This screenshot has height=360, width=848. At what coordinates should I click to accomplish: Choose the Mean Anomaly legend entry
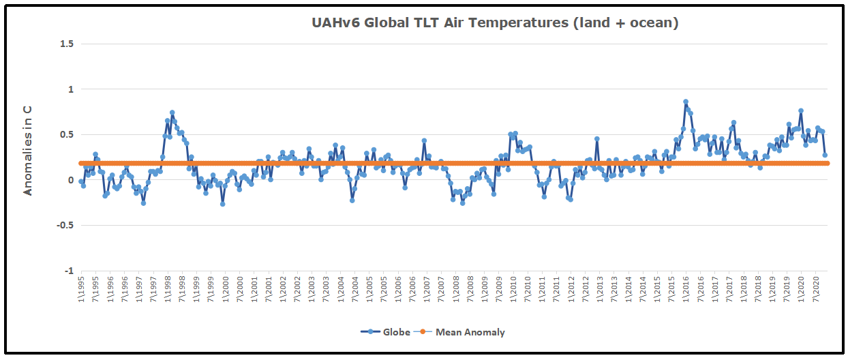tap(461, 333)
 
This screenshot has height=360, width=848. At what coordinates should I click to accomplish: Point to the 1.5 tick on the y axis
tap(67, 44)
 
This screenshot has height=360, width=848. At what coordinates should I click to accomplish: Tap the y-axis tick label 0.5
tap(67, 134)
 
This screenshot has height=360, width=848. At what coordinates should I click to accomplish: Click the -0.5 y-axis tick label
tap(66, 226)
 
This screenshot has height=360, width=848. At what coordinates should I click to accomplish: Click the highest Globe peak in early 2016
tap(686, 102)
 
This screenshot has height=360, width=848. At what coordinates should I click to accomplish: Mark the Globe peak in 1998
tap(172, 112)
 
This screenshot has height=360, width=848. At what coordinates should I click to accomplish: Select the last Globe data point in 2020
tap(825, 155)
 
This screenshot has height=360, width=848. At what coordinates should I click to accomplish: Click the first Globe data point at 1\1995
tap(81, 181)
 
